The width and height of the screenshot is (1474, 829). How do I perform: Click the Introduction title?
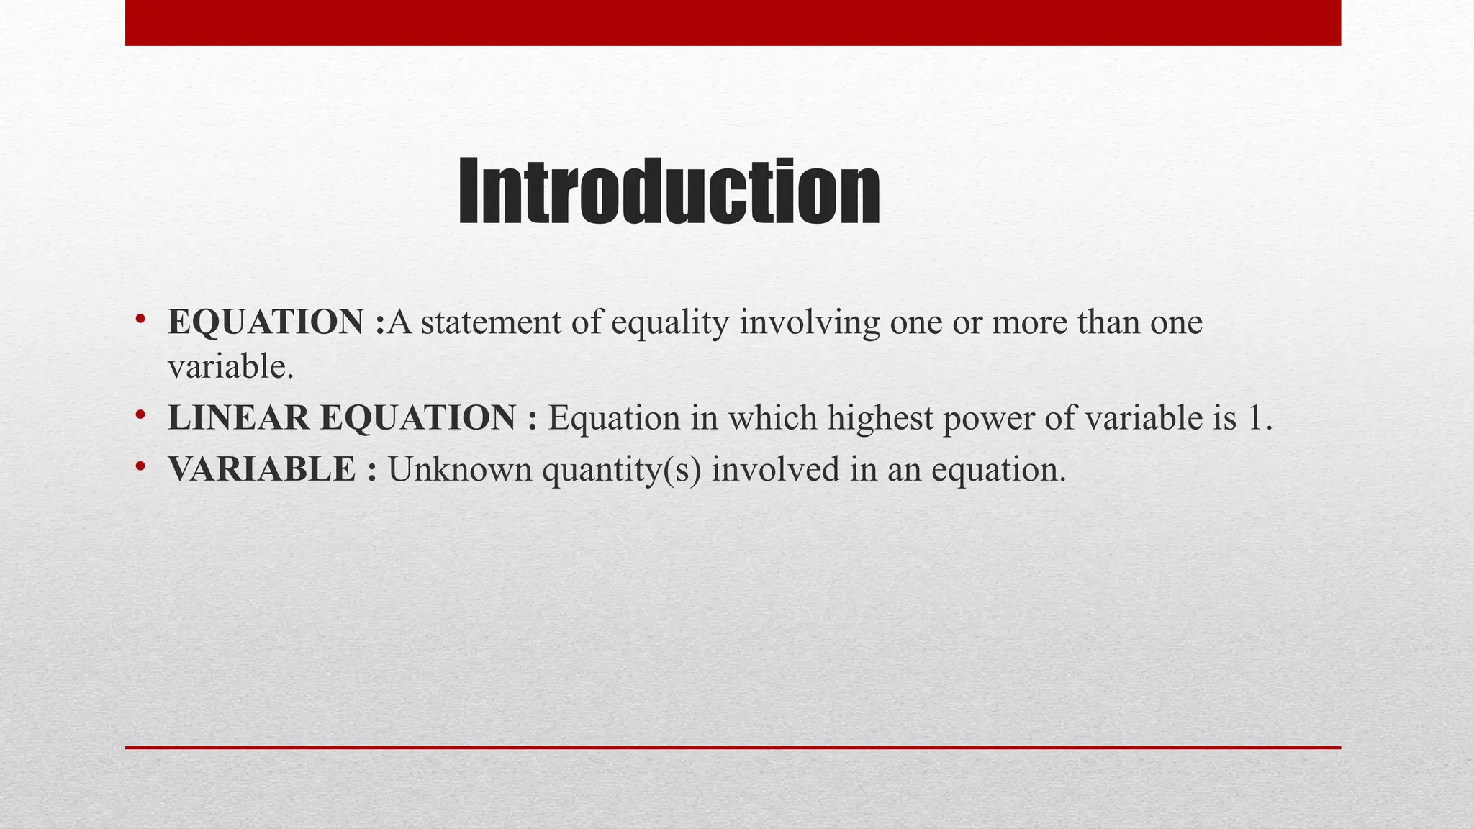point(669,191)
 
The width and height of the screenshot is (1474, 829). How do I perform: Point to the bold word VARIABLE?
point(262,469)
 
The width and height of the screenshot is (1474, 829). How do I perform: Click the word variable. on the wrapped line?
point(231,368)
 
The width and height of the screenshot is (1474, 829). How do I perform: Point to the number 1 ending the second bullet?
point(1255,418)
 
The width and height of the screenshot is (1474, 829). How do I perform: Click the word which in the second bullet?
point(772,418)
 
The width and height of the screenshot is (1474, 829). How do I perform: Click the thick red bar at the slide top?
point(733,23)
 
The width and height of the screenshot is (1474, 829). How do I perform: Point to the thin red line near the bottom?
point(733,748)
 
